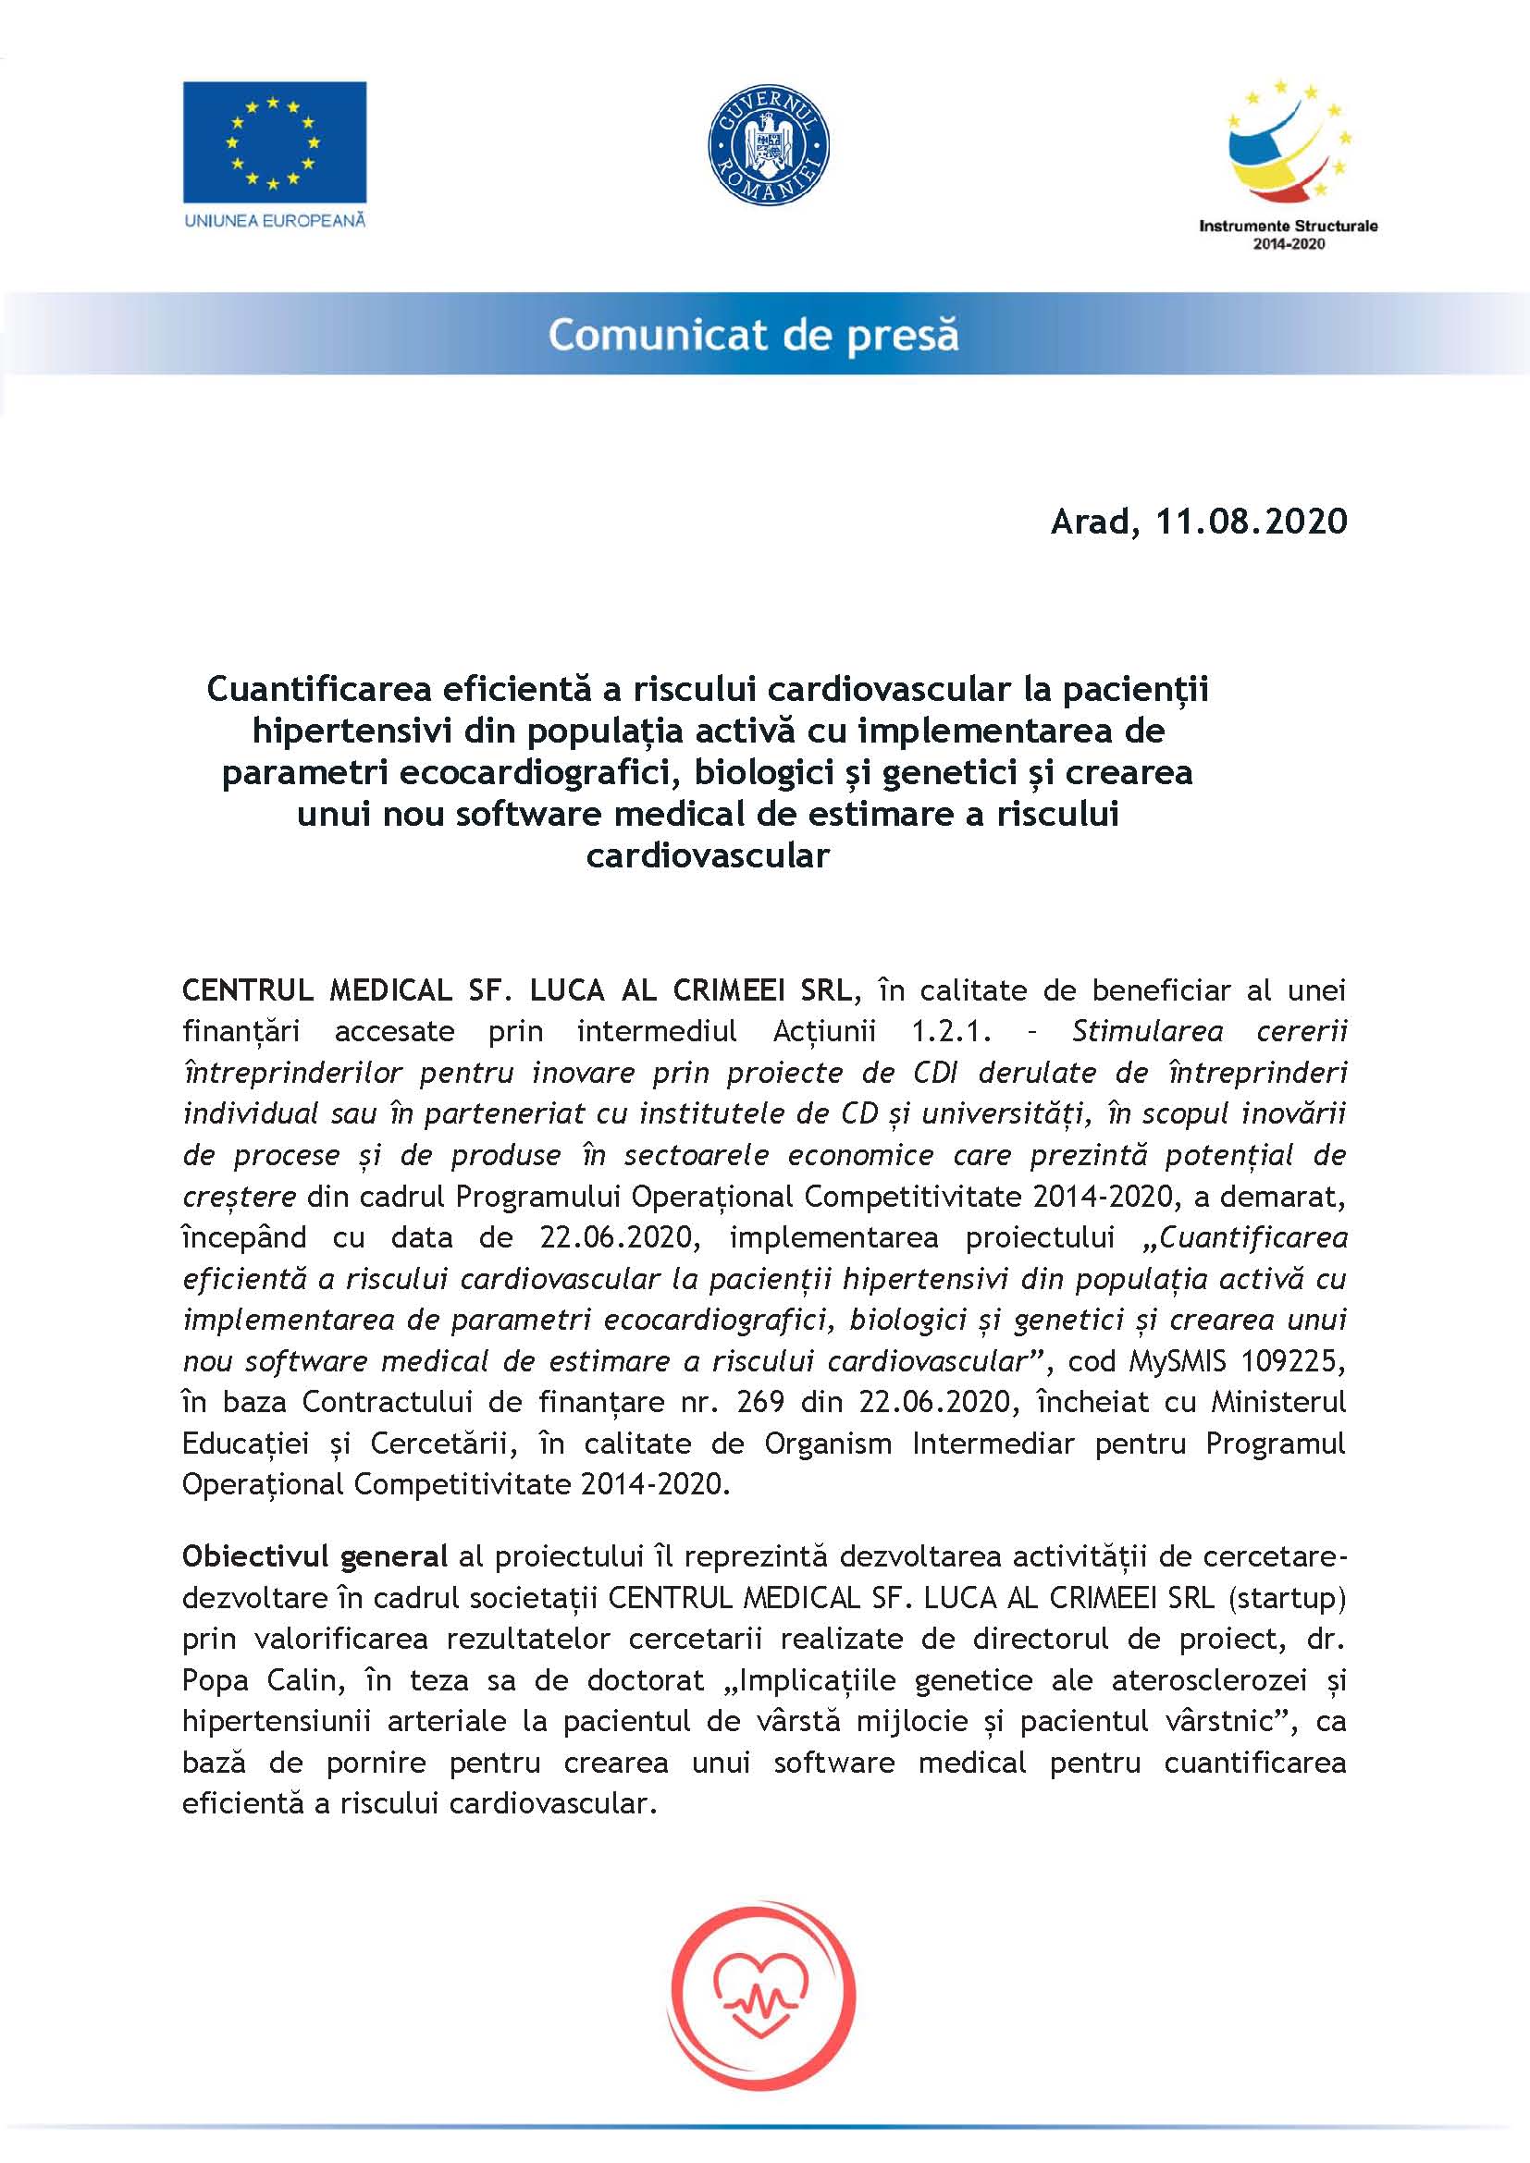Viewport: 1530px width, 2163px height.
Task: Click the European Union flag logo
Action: [x=274, y=141]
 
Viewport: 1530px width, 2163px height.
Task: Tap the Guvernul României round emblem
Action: [x=768, y=145]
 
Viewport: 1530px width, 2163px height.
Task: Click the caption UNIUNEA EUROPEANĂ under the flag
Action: [x=274, y=220]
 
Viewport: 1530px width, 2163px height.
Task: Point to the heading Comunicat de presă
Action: [x=754, y=335]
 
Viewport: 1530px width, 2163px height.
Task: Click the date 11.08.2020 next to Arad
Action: [x=1252, y=521]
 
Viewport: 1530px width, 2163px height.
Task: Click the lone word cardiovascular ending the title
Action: [x=708, y=855]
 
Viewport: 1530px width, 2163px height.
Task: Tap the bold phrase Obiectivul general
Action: [x=315, y=1556]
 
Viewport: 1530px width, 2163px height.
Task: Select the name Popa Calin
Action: [x=259, y=1680]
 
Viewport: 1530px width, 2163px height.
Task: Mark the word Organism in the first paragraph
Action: [x=827, y=1444]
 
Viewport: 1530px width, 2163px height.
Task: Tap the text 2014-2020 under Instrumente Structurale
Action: [x=1288, y=244]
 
